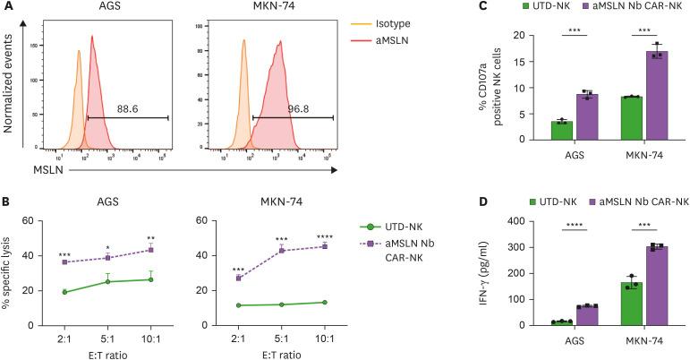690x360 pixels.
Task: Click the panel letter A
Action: [8, 8]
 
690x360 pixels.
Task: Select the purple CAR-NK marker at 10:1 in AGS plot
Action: [151, 249]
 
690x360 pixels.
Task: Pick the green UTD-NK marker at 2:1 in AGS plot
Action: [64, 292]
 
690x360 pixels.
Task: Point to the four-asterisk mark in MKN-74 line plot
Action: [323, 236]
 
